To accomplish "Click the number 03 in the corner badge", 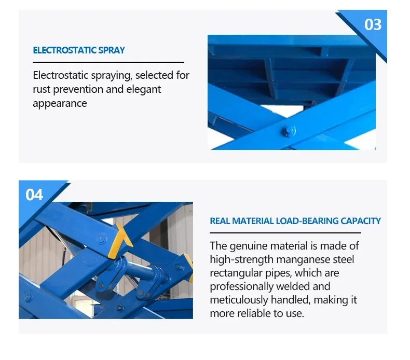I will [373, 24].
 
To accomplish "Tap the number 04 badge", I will [34, 195].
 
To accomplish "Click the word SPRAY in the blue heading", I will [111, 50].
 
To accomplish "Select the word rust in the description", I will [41, 89].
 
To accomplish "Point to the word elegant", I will [143, 89].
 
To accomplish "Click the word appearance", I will [60, 103].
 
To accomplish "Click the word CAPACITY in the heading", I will [361, 221].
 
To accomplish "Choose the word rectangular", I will [237, 273].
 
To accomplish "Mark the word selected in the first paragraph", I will [154, 75].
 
